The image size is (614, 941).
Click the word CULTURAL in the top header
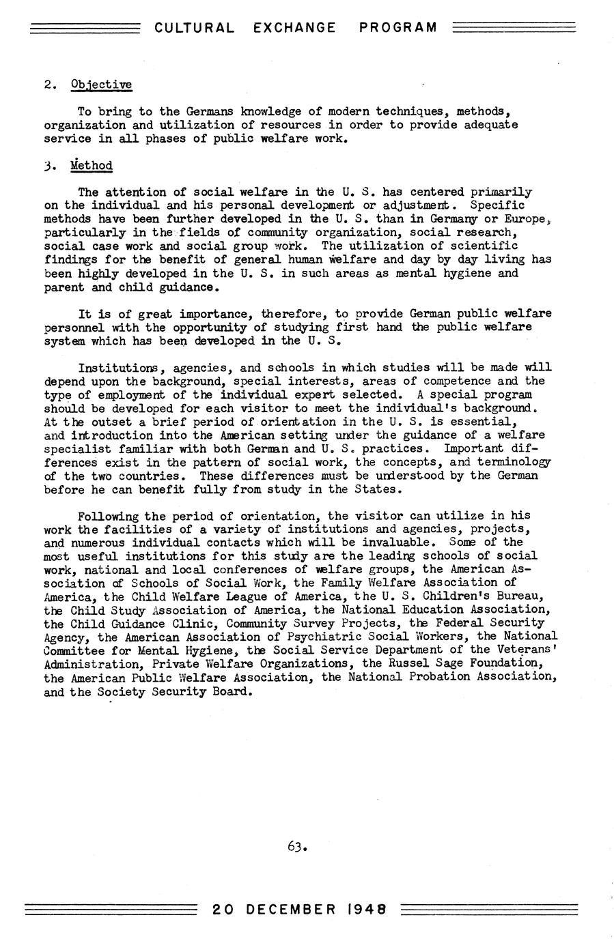pos(194,28)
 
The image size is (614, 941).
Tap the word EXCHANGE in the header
pos(294,28)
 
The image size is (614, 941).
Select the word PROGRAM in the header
pos(397,28)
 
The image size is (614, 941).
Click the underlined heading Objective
pos(101,85)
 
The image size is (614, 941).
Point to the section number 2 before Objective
pos(48,85)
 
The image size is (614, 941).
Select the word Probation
pos(424,677)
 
